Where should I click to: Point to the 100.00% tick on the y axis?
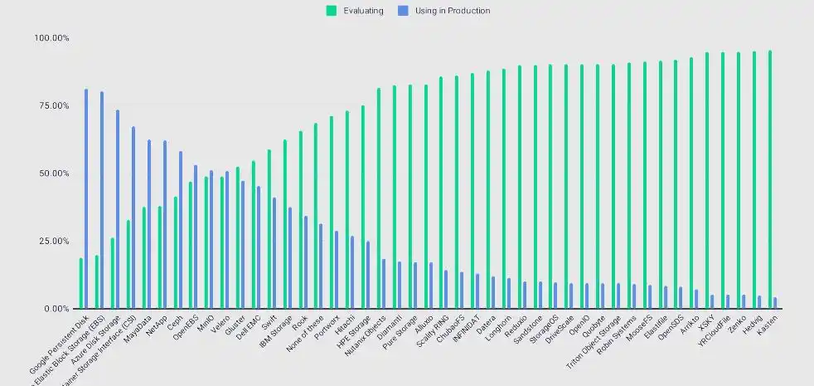51,38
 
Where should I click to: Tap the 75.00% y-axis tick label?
51,106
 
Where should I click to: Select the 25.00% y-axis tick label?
51,242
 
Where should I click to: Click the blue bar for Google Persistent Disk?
85,199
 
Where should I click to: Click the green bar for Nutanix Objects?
379,198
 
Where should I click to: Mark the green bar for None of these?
316,216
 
